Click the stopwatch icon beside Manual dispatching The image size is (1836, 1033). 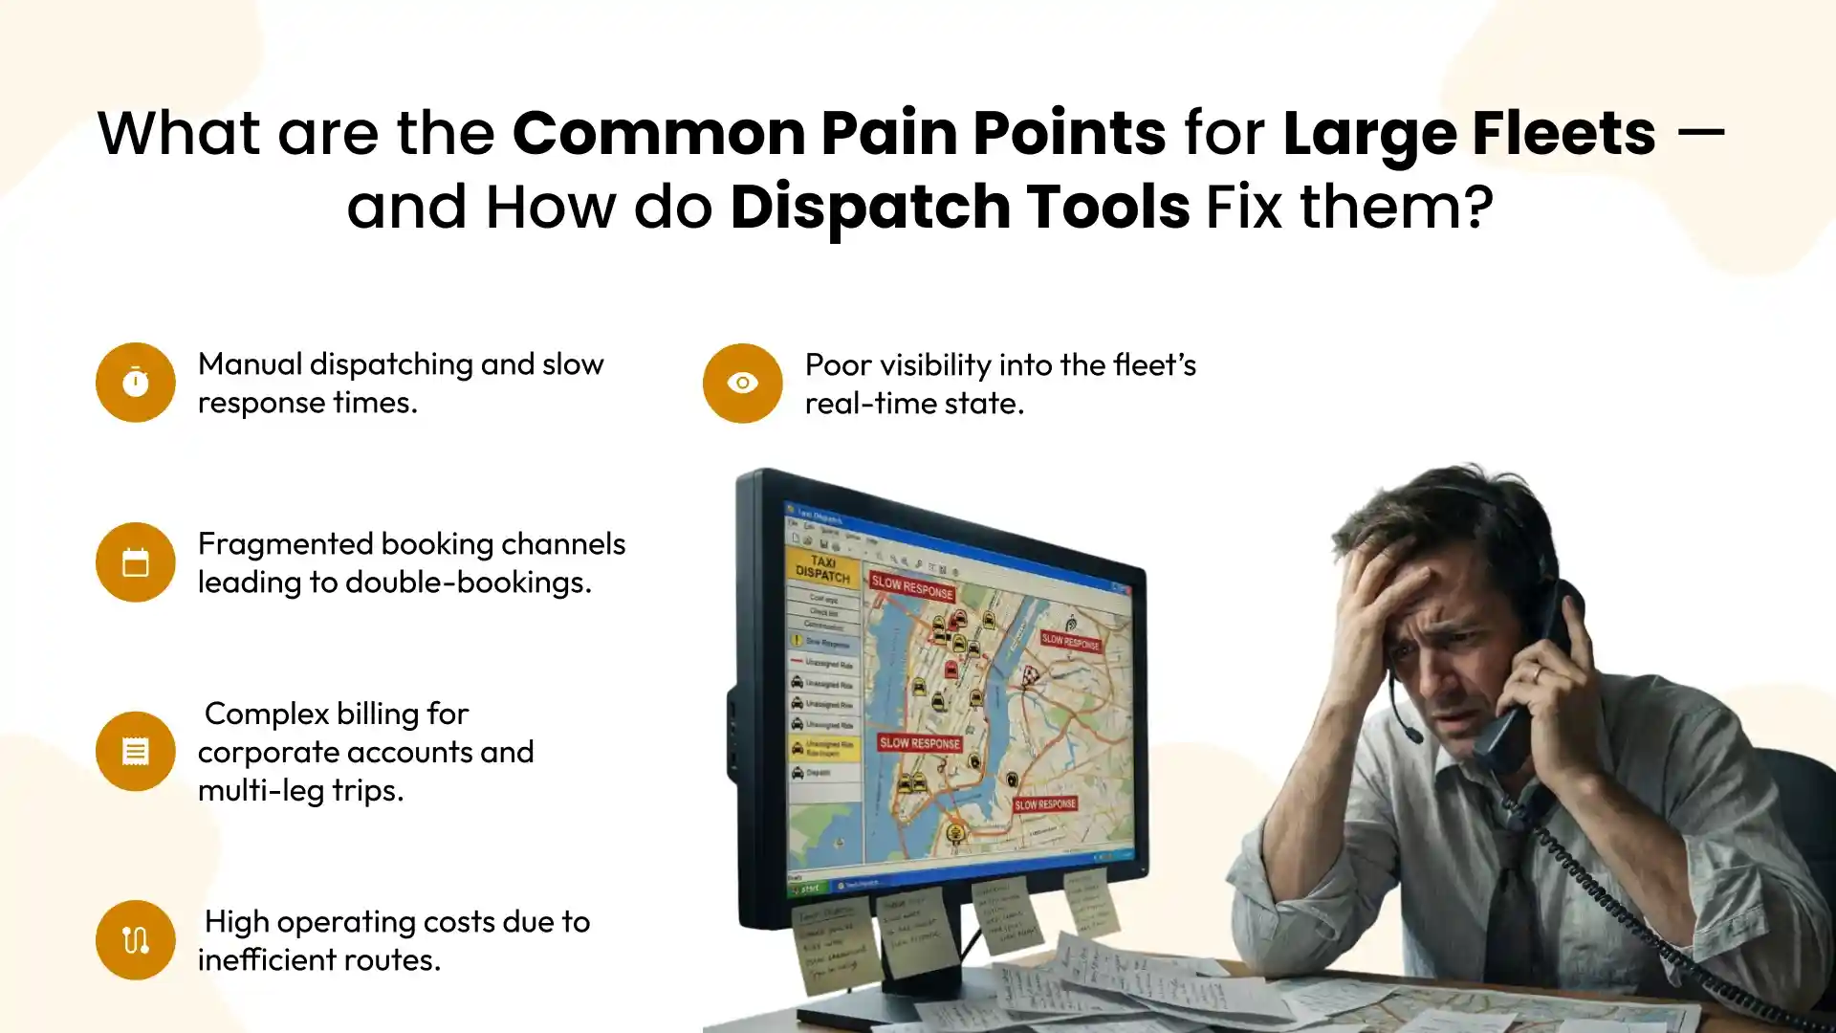coord(135,383)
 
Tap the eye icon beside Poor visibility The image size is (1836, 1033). coord(742,383)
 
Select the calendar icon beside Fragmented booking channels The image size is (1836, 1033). coord(135,562)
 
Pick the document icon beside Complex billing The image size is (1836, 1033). coord(135,751)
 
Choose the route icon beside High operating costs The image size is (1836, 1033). coord(135,940)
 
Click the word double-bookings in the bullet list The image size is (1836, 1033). coord(469,582)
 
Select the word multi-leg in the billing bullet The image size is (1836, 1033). coord(249,790)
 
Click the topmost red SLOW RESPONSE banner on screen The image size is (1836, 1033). coord(912,586)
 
